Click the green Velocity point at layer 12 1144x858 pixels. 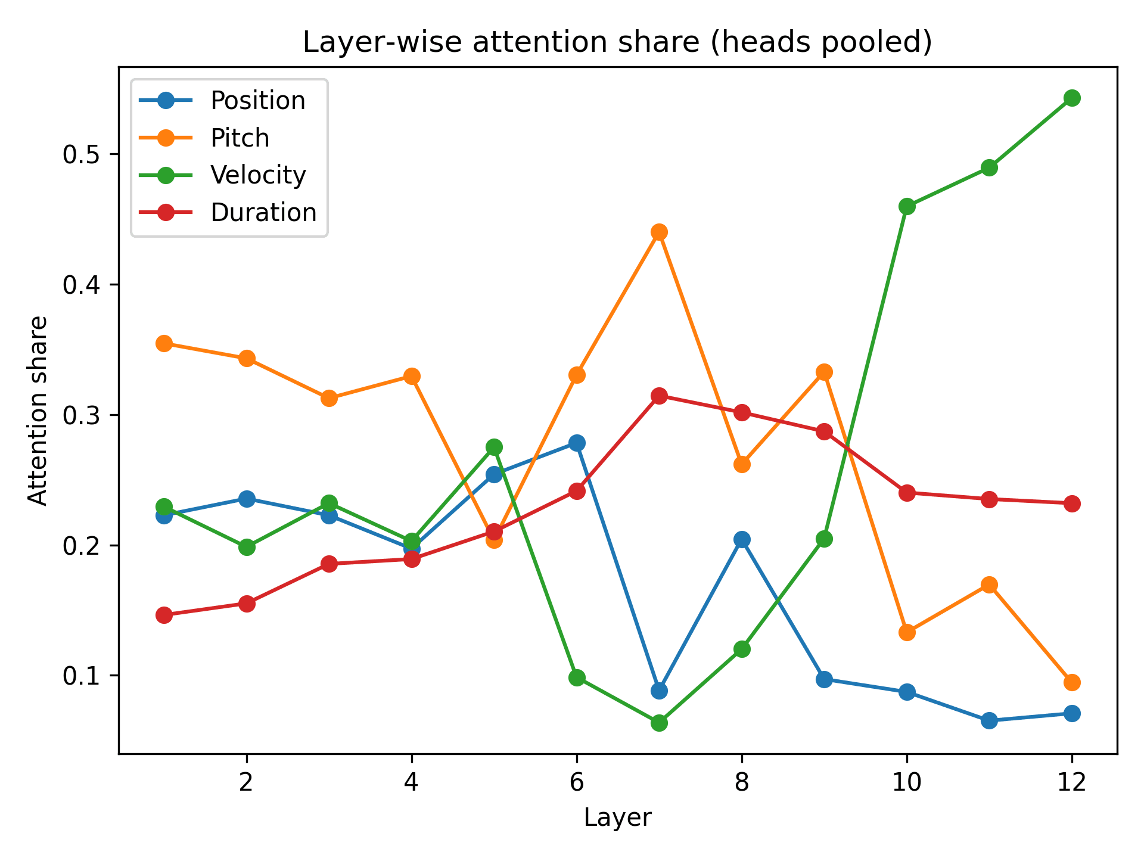(x=1072, y=98)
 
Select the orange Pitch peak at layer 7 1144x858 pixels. (x=659, y=232)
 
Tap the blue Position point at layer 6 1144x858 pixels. (x=577, y=443)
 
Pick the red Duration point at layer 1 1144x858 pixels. (x=164, y=615)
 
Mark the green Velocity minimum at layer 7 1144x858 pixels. (x=659, y=723)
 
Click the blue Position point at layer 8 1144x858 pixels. (x=742, y=539)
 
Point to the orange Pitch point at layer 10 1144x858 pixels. (x=907, y=632)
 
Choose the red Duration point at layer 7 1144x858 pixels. (x=659, y=396)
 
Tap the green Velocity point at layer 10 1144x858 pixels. (x=907, y=207)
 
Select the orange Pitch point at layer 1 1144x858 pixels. (x=164, y=343)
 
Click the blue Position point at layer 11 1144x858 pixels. (x=989, y=720)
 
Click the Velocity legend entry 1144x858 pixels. (x=257, y=175)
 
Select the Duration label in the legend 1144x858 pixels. (x=263, y=213)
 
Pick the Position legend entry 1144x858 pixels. (x=257, y=101)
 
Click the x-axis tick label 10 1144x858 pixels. (x=907, y=782)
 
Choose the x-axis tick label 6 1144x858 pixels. (x=577, y=782)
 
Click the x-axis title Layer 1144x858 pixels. (x=618, y=818)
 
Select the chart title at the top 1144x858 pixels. (x=617, y=43)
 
